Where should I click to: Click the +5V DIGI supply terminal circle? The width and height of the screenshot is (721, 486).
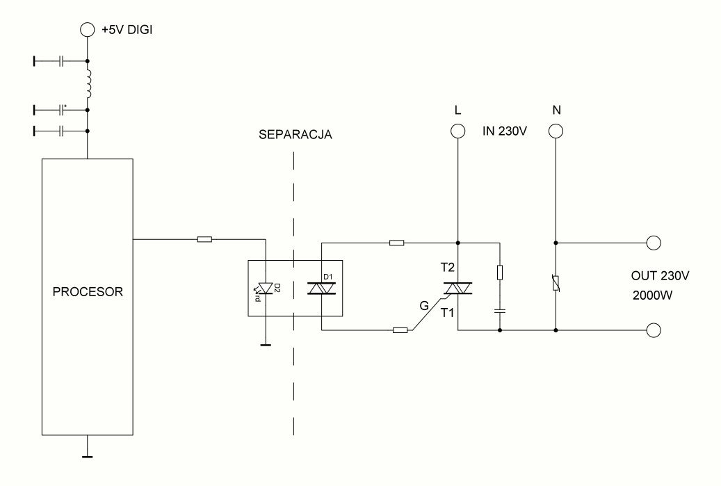88,30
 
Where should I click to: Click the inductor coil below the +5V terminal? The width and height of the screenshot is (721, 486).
88,83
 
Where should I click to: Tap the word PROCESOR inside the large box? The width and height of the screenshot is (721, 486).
88,291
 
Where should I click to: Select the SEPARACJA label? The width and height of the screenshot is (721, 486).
295,135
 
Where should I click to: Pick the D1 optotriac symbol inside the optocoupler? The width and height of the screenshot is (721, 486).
321,289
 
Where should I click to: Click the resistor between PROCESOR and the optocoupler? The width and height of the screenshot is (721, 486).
204,239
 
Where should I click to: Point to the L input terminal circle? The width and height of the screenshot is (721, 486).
457,131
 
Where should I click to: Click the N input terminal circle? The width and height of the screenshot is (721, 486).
556,131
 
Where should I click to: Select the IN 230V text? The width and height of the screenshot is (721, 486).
505,131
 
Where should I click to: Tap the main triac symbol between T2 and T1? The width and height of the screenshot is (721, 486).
458,289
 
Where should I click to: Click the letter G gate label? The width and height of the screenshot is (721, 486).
424,305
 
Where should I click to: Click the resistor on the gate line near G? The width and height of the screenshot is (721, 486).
400,330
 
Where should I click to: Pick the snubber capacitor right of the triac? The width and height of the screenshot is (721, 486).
500,311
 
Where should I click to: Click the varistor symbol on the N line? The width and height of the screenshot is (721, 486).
556,282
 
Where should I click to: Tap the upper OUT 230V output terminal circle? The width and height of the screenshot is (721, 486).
654,243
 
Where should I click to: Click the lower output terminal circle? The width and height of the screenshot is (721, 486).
654,330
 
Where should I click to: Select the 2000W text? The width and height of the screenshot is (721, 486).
652,295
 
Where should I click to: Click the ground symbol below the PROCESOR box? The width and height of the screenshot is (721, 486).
88,456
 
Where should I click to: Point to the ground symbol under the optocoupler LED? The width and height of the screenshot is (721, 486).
266,344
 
